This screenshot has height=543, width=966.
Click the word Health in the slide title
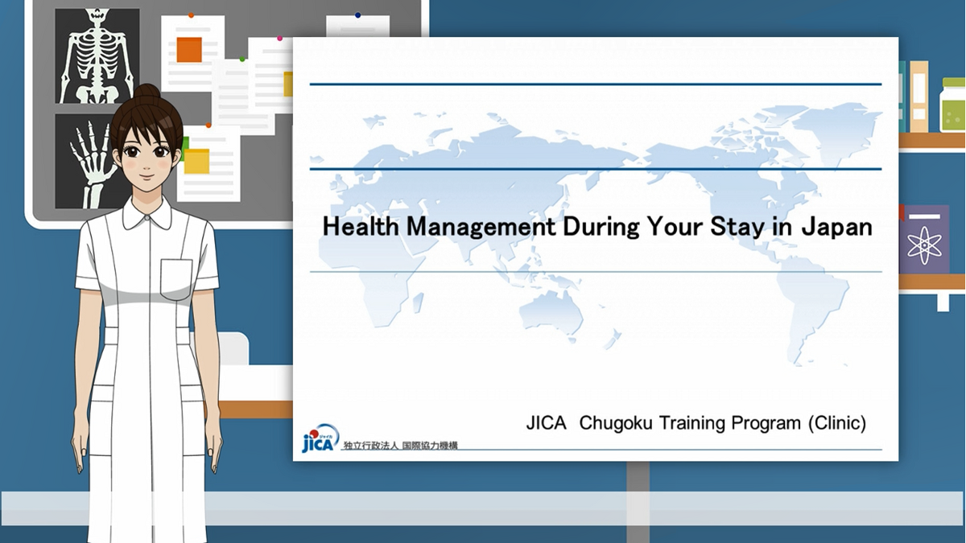coord(361,226)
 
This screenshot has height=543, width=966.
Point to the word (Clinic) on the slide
coord(837,423)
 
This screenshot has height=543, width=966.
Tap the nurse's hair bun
coord(147,93)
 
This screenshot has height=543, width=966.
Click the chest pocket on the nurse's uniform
coord(176,278)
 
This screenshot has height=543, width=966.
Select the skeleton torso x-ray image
coord(97,56)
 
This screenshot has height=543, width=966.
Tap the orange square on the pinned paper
coord(189,50)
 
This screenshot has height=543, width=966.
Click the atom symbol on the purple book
coord(925,245)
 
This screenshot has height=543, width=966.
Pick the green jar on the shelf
coord(952,105)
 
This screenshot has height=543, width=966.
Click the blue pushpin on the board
coord(358,15)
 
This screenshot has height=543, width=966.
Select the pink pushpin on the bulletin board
coord(279,39)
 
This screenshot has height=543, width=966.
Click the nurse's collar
coord(147,215)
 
